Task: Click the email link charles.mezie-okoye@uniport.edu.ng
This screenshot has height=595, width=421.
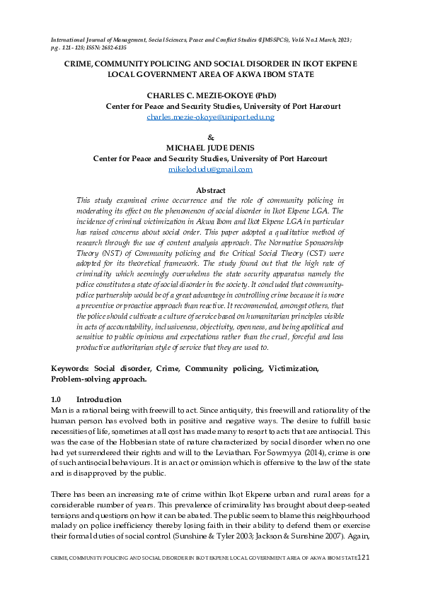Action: [210, 117]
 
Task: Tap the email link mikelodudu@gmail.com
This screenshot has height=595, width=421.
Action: [210, 170]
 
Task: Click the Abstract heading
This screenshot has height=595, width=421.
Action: [210, 191]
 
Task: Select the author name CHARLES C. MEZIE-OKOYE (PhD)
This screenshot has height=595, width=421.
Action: [212, 95]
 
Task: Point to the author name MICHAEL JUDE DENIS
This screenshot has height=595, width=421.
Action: [211, 148]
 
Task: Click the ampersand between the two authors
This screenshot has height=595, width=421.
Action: [210, 137]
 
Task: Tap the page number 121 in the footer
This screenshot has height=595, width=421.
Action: [364, 577]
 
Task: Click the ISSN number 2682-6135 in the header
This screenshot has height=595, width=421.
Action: [110, 51]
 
